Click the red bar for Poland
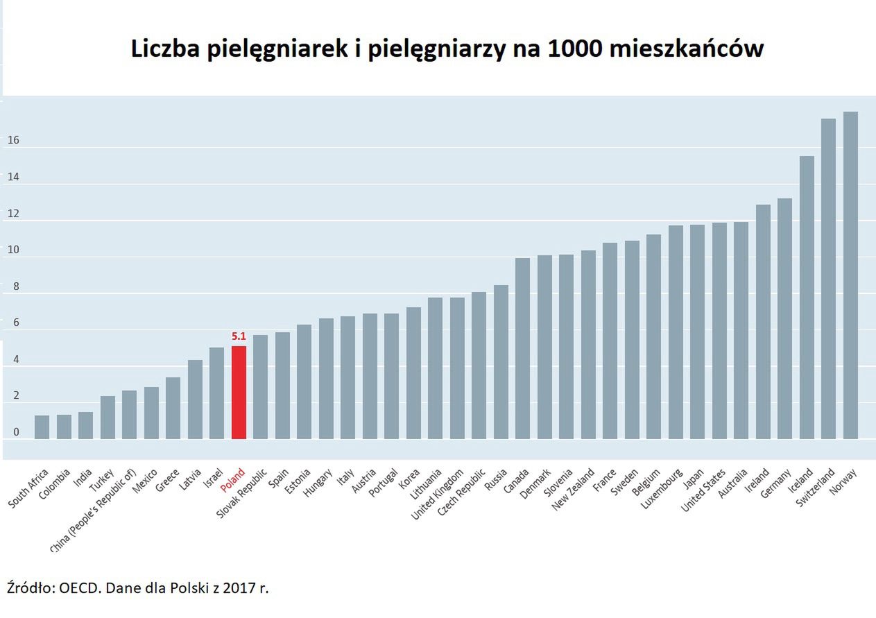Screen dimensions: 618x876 [239, 393]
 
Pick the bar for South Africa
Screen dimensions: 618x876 [42, 427]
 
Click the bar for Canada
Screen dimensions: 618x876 [522, 348]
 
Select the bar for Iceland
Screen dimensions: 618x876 [807, 298]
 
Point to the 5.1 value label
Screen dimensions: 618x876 [239, 337]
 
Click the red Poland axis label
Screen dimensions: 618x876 [232, 480]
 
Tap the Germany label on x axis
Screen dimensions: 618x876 [777, 483]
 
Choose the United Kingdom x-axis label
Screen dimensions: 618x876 [437, 495]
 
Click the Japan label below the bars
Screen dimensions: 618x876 [694, 479]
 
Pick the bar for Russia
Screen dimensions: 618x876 [501, 362]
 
